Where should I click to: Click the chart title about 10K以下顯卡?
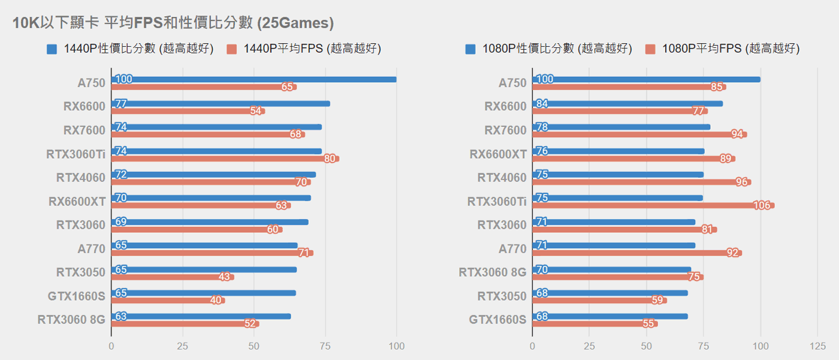(x=173, y=23)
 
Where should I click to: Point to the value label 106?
(x=762, y=205)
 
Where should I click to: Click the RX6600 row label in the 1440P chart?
(x=84, y=107)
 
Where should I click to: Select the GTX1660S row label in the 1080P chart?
(x=497, y=319)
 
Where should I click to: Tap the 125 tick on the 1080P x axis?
(x=817, y=346)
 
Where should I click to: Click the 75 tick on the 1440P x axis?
(x=325, y=346)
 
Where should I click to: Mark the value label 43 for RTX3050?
(x=225, y=277)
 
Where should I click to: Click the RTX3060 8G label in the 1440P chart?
(x=71, y=319)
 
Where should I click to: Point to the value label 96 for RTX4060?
(x=742, y=182)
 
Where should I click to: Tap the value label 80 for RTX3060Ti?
(x=330, y=159)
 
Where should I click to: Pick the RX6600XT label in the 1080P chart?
(x=498, y=154)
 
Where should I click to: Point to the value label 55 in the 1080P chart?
(x=648, y=324)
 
